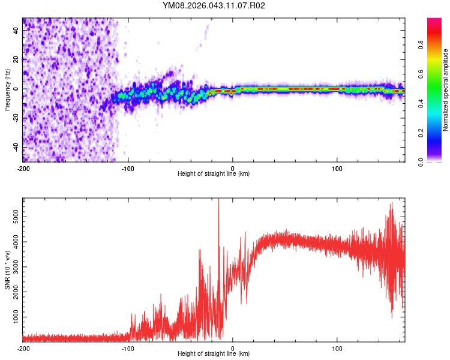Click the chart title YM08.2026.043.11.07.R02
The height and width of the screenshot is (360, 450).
tap(214, 5)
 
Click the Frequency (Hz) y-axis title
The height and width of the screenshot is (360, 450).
tap(7, 90)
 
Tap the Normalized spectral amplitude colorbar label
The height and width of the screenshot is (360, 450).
tap(446, 90)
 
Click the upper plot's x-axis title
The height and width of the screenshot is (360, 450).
tap(214, 174)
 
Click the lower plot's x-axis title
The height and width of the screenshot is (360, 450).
tap(214, 354)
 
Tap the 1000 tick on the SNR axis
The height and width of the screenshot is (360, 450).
tap(13, 316)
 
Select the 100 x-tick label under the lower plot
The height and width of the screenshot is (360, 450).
tap(337, 349)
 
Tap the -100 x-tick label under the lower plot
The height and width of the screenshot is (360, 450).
tap(128, 349)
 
